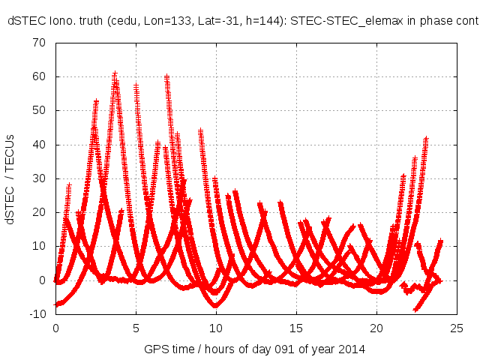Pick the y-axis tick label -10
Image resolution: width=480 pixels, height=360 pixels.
[x=37, y=314]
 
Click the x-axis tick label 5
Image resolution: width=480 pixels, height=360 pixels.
[x=136, y=328]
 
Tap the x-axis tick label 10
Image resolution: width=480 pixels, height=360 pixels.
[x=216, y=328]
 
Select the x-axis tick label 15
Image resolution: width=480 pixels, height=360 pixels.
[x=296, y=328]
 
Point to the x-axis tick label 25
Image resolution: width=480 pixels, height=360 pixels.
[x=457, y=328]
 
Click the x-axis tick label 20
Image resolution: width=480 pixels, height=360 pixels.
[x=376, y=328]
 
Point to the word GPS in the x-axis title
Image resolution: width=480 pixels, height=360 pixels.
[x=154, y=349]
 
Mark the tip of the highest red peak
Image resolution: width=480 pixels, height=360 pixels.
[x=115, y=73]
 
